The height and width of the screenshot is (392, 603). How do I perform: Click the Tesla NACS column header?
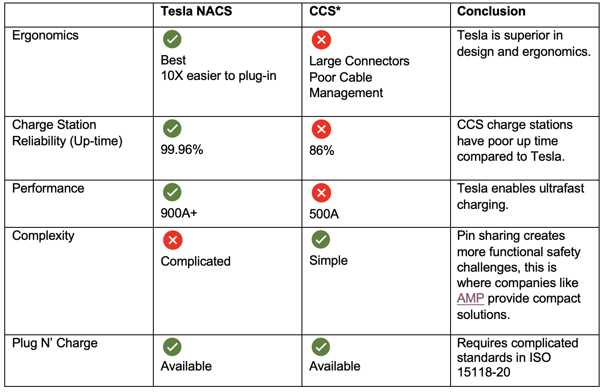tap(196, 11)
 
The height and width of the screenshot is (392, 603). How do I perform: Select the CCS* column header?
tap(325, 11)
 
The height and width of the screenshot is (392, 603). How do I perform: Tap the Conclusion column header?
tap(491, 11)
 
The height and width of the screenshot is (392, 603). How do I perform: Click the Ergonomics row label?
tap(45, 35)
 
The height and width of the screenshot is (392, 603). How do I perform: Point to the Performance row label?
tap(48, 188)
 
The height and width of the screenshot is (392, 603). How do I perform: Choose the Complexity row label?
tap(43, 236)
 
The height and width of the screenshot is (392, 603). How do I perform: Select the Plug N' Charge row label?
tap(55, 343)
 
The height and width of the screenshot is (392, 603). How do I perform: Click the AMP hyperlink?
tap(470, 298)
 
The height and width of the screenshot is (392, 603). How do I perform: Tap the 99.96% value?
tap(182, 150)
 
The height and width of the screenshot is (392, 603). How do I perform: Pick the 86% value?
tap(321, 150)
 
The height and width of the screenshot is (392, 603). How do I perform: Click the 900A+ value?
tap(179, 213)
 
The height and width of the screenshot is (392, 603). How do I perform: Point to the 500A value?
tap(324, 214)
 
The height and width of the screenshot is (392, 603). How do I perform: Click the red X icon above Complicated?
tap(173, 240)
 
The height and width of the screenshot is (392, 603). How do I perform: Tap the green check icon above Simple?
tap(321, 239)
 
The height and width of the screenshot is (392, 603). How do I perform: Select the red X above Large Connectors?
tap(321, 40)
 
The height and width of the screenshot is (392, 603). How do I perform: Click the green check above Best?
tap(172, 39)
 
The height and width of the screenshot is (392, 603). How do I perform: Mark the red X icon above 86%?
tap(321, 129)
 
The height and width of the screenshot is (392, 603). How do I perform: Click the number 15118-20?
tap(483, 372)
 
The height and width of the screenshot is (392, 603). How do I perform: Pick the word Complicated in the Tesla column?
tap(195, 261)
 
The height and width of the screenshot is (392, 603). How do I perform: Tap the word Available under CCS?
tap(335, 366)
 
